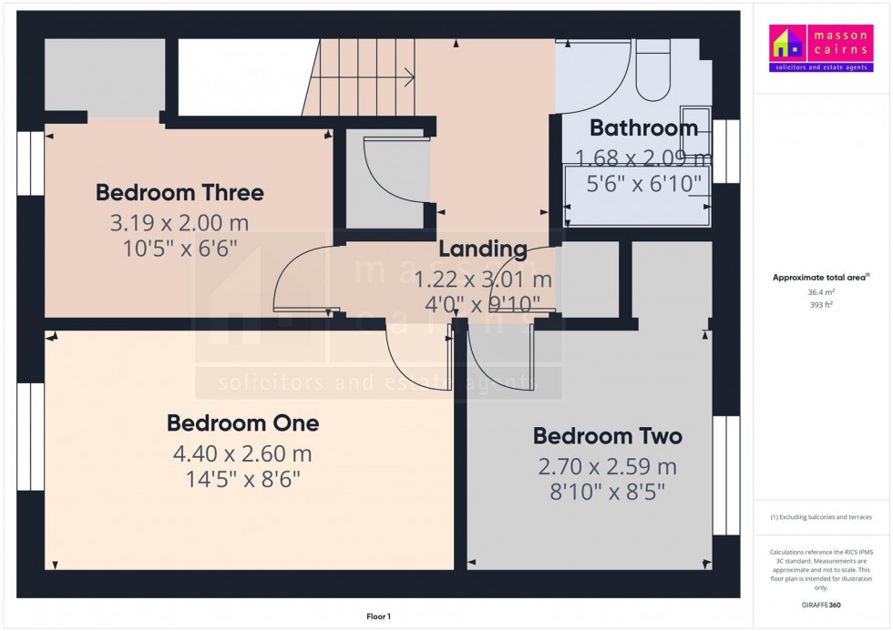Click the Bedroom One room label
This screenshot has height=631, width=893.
tap(242, 423)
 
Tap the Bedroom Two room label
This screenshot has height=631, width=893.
tap(607, 437)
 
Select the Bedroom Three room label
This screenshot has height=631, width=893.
tap(180, 193)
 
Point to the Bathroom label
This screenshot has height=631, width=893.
tap(643, 127)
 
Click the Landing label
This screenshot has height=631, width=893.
tap(482, 249)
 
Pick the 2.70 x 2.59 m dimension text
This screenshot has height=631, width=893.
tap(607, 467)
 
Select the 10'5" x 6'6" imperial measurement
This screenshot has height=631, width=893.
tap(180, 248)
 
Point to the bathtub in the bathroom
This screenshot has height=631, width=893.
tap(638, 196)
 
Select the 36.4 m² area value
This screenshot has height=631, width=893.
tap(821, 292)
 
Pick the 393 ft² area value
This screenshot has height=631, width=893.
tap(821, 307)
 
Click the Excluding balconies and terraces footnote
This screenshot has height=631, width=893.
tap(821, 517)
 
